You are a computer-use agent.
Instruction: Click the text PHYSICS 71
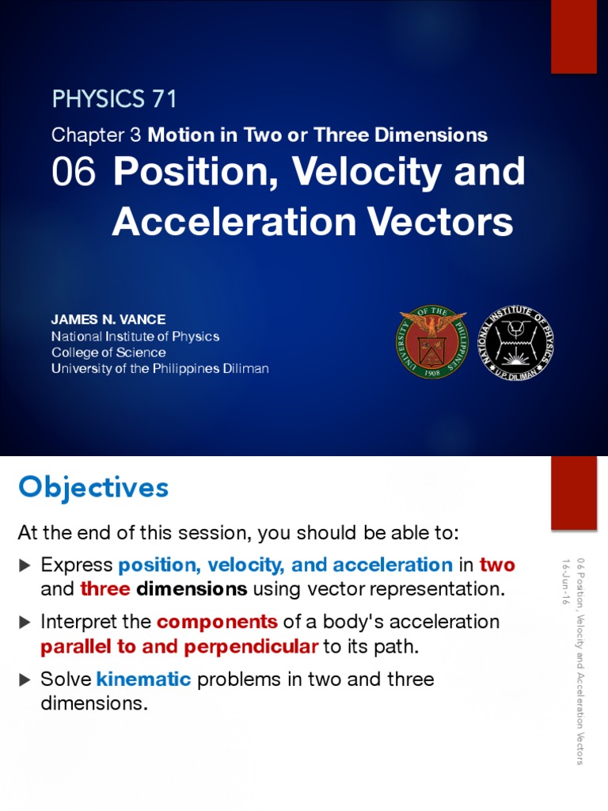[x=114, y=99]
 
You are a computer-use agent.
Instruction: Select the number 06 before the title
[x=74, y=173]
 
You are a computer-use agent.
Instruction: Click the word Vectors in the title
[x=448, y=223]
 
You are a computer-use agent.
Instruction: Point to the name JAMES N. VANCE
[x=108, y=320]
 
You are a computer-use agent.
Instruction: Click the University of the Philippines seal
[x=431, y=342]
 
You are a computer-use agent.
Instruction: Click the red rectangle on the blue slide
[x=573, y=36]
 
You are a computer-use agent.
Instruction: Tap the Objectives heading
[x=93, y=487]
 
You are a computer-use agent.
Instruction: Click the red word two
[x=497, y=565]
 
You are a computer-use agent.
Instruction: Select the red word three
[x=105, y=589]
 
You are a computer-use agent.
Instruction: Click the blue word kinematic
[x=144, y=680]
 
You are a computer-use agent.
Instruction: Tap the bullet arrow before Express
[x=25, y=565]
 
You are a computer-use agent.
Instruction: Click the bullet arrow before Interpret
[x=25, y=623]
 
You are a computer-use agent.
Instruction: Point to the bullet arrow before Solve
[x=25, y=680]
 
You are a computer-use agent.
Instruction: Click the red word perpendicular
[x=251, y=646]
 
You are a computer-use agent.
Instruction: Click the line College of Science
[x=108, y=352]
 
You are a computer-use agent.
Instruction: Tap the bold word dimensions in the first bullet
[x=192, y=589]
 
